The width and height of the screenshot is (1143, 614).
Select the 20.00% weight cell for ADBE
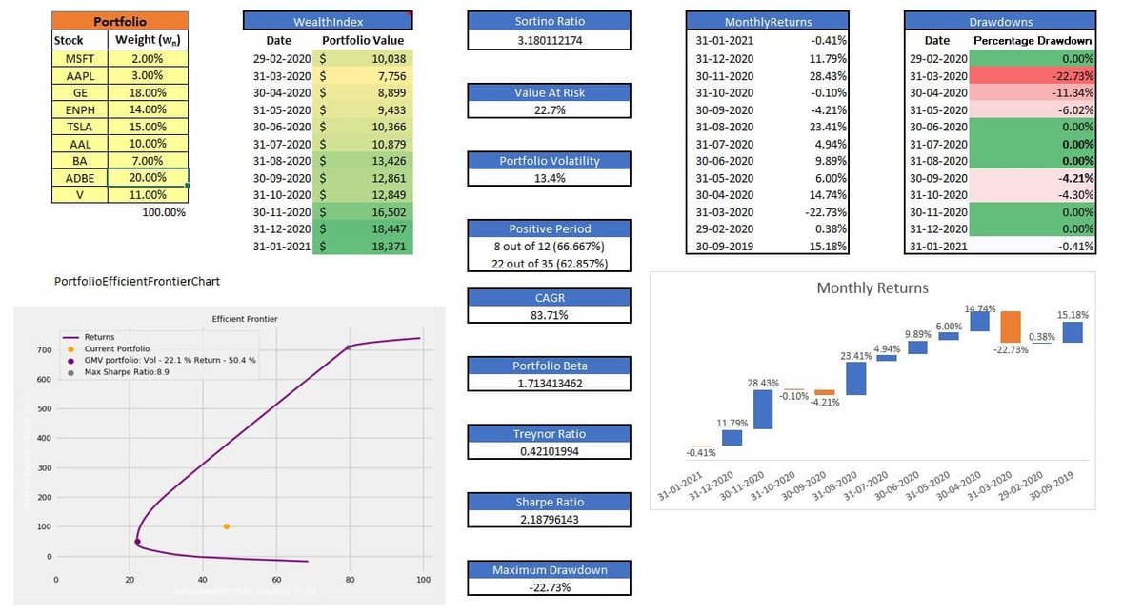[x=148, y=178]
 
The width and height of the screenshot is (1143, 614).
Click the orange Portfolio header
[x=120, y=21]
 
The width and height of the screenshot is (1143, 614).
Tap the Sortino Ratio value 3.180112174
[x=549, y=40]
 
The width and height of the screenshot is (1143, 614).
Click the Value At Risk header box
[x=549, y=92]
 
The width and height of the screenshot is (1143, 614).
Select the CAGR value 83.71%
[x=549, y=314]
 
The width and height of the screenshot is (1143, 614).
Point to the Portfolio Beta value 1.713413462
[x=549, y=382]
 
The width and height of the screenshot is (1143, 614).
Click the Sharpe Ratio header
[x=549, y=502]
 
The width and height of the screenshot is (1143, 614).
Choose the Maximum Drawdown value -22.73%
[x=549, y=587]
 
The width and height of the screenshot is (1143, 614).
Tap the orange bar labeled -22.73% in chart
[x=1011, y=340]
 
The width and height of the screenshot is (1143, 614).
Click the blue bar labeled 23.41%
[x=855, y=378]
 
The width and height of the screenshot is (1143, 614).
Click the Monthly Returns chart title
[x=872, y=287]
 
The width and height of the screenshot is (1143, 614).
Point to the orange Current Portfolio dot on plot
[x=226, y=526]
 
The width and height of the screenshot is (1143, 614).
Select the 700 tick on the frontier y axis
[x=43, y=350]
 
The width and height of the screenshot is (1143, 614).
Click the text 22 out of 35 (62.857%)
[x=549, y=264]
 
